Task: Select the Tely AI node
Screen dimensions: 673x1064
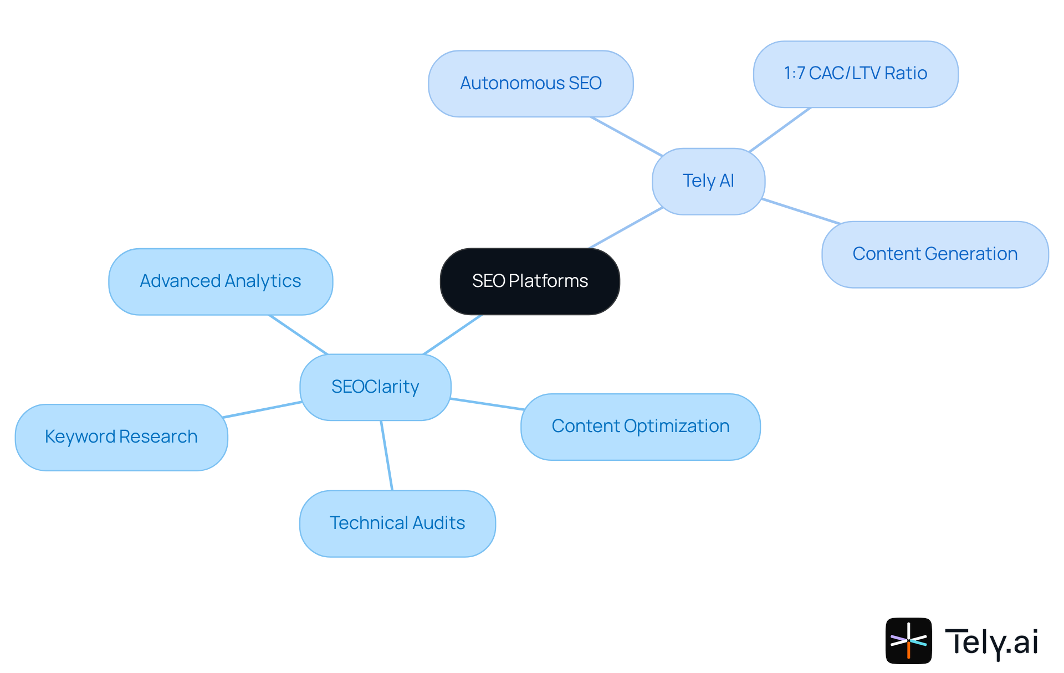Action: [x=708, y=181]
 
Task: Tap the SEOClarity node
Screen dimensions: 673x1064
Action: [x=375, y=387]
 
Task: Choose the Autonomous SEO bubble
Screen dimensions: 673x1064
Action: [x=530, y=84]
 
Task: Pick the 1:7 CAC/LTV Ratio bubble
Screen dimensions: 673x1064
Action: [x=855, y=74]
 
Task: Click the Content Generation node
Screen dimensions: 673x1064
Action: [x=934, y=254]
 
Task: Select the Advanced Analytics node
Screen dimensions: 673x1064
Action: [x=220, y=281]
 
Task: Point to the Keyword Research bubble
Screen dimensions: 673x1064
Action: [x=121, y=437]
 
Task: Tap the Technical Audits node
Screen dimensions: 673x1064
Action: [x=397, y=523]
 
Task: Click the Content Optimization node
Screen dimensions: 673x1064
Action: [x=640, y=427]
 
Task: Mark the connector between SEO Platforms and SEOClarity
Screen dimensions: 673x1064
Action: [x=453, y=335]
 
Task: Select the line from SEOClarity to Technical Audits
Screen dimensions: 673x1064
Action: [x=387, y=455]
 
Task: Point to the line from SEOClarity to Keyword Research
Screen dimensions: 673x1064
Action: [x=262, y=409]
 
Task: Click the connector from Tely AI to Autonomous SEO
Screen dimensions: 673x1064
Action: [x=626, y=136]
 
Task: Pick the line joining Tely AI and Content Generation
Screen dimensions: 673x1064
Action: [x=801, y=211]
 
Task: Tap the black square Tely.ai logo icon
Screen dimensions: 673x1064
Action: [x=908, y=640]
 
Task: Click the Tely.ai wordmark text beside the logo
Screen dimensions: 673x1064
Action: [x=991, y=641]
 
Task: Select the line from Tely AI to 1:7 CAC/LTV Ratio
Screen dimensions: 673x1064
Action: [x=780, y=130]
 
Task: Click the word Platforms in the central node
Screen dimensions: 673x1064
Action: [x=548, y=281]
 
